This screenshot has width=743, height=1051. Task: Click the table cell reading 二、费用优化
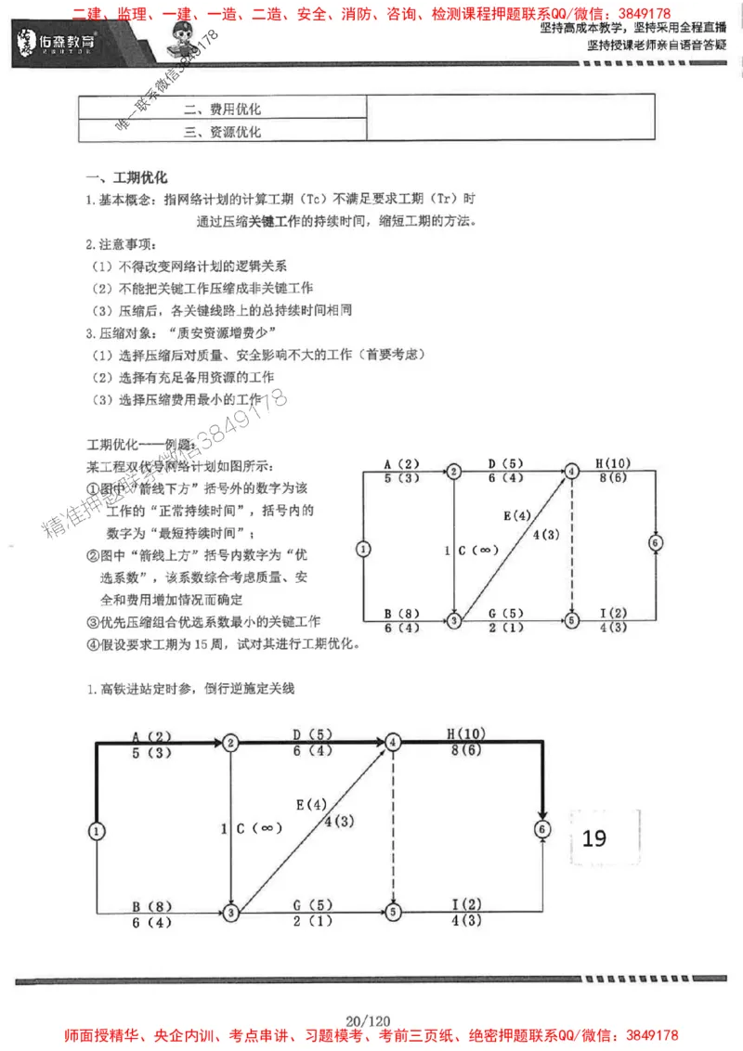point(223,109)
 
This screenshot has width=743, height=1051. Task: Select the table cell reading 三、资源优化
point(223,132)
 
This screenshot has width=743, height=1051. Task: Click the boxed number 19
point(594,837)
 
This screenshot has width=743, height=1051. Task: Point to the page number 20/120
point(371,1019)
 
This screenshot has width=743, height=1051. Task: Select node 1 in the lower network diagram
point(97,831)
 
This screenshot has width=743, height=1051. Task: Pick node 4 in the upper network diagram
point(571,471)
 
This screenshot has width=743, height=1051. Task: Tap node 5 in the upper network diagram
point(571,619)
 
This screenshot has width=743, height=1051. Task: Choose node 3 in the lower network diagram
point(229,914)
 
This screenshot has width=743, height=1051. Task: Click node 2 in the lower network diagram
point(229,742)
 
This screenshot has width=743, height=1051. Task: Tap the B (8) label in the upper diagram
point(402,612)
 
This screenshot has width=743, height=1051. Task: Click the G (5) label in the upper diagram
point(507,612)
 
